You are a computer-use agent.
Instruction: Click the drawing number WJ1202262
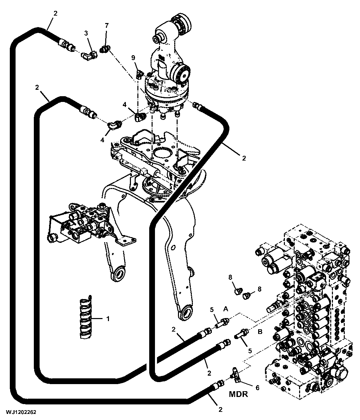click(21, 412)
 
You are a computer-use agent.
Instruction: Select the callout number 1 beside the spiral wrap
click(108, 319)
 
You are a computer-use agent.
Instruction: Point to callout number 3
click(86, 33)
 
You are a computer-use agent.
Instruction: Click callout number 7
click(107, 26)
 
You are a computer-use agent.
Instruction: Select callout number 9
click(133, 58)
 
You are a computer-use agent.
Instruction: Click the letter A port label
click(225, 309)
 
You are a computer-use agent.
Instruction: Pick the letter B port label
click(260, 332)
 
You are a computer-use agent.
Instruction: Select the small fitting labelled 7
click(105, 49)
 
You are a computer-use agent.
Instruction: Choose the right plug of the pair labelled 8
click(246, 296)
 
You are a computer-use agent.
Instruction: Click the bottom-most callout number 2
click(220, 409)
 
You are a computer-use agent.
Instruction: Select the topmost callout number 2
click(55, 14)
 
